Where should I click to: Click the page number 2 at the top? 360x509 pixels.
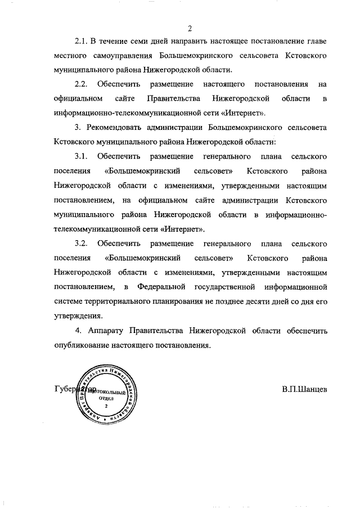tap(190, 29)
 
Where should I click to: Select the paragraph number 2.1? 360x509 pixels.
tap(82, 43)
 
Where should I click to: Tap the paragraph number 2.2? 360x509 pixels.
tap(82, 84)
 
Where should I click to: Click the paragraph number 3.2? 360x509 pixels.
tap(82, 244)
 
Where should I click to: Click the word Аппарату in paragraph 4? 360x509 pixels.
tap(105, 330)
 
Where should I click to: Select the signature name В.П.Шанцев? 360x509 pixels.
tap(304, 389)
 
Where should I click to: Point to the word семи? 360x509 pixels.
tap(146, 43)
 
